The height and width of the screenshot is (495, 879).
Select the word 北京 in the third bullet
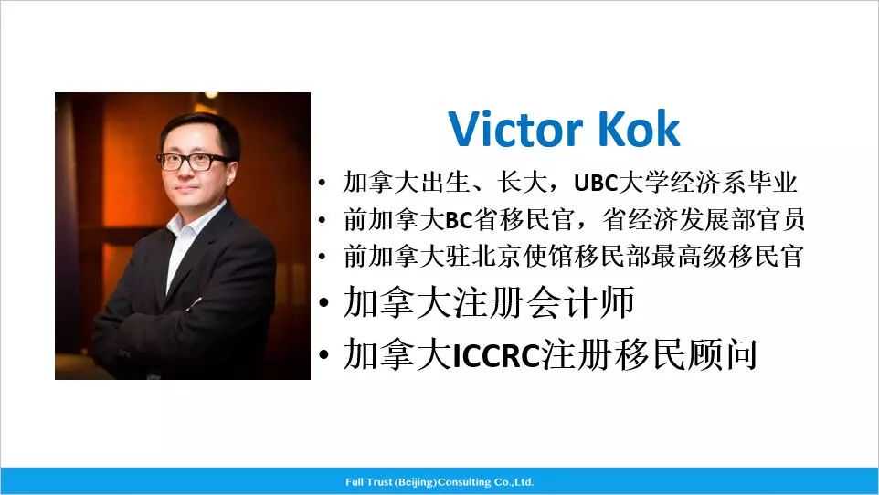[x=523, y=257]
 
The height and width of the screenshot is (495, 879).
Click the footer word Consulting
[x=468, y=482]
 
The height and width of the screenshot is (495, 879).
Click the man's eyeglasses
[x=195, y=162]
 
